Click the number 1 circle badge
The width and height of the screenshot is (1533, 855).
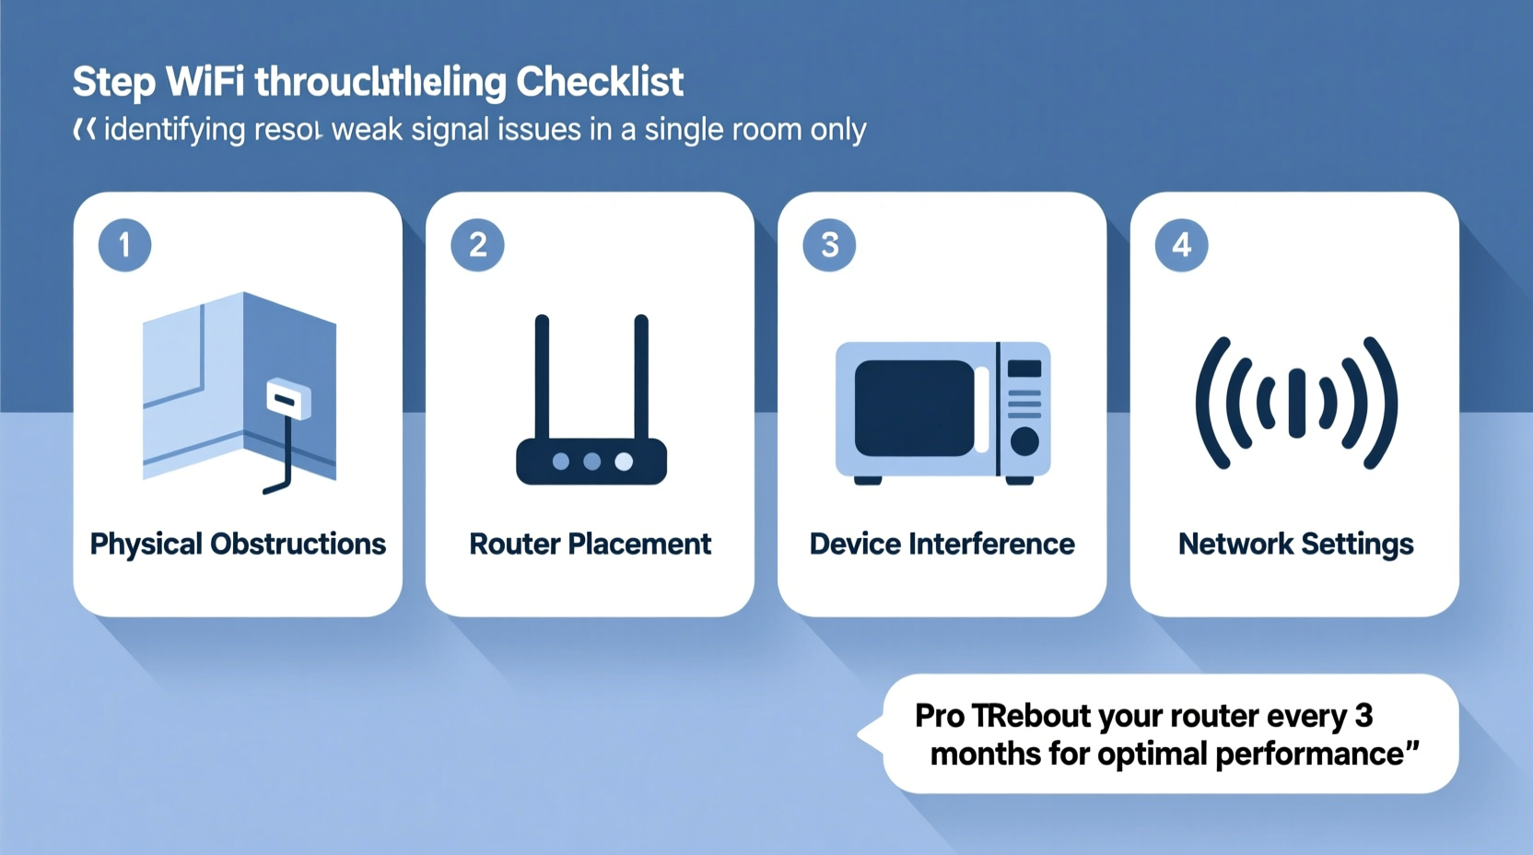[x=124, y=245]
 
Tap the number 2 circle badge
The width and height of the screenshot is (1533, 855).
[x=477, y=245]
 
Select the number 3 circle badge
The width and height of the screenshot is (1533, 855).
[x=829, y=245]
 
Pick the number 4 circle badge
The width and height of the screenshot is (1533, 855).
[x=1181, y=245]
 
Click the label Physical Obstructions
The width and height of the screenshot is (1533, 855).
[x=238, y=544]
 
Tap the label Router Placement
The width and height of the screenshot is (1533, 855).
[x=590, y=544]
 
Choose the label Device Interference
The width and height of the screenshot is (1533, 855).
[x=942, y=544]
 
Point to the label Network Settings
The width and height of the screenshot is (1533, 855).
[x=1295, y=544]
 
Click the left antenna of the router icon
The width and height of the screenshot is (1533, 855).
[x=542, y=378]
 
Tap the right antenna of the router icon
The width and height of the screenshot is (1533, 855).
[x=641, y=378]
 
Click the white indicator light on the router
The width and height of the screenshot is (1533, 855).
[x=624, y=462]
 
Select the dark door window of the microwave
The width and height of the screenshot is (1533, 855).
[x=914, y=408]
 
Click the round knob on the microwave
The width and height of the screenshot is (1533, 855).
[x=1024, y=442]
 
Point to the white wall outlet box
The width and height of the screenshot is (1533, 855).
[x=288, y=400]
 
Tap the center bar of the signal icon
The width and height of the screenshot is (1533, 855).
[x=1296, y=404]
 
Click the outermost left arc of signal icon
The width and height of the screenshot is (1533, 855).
[x=1210, y=404]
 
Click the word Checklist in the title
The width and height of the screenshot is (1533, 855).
[x=600, y=82]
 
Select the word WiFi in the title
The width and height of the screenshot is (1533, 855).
[x=205, y=82]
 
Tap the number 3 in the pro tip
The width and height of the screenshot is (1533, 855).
[x=1363, y=716]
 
